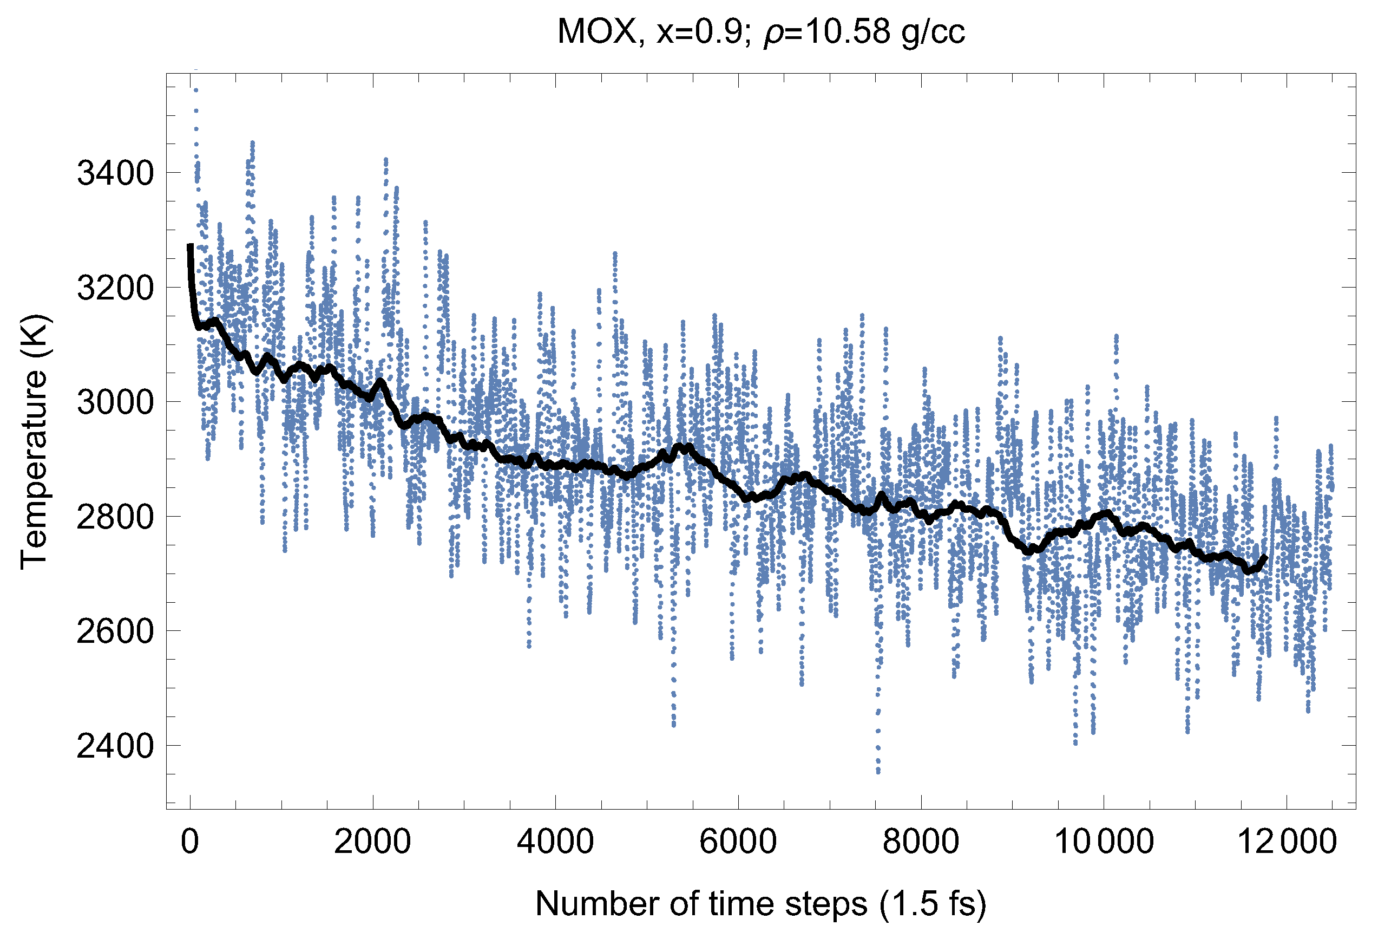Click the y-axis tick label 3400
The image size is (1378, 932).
[115, 174]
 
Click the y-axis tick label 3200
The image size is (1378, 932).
[115, 288]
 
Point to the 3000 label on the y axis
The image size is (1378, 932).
[115, 403]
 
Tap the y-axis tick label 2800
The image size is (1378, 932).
[115, 517]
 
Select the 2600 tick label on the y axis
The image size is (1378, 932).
[115, 632]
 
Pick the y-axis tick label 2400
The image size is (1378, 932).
[115, 746]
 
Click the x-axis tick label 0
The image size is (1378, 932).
[190, 842]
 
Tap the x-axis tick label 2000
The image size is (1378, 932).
[372, 842]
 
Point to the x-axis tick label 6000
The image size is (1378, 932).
[738, 842]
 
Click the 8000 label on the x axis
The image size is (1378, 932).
[920, 842]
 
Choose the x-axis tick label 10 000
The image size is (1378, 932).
[1103, 842]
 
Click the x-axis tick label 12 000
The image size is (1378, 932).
[1286, 842]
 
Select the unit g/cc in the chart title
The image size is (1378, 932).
[932, 32]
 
